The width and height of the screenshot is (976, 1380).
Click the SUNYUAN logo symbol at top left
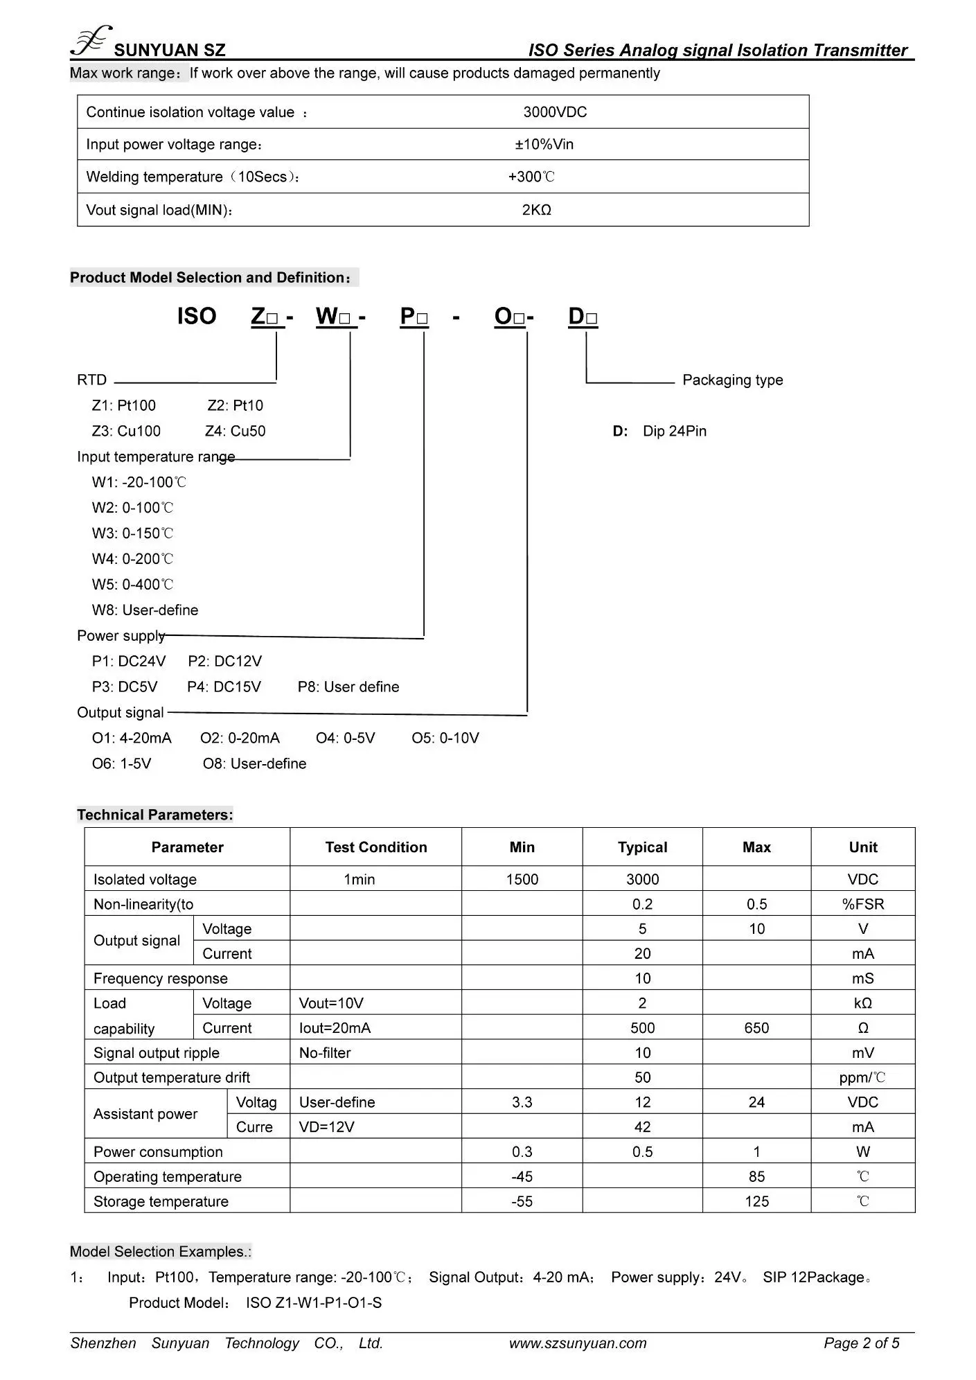point(90,41)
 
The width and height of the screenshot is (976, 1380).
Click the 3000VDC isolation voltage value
point(555,112)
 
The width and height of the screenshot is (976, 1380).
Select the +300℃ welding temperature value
point(531,177)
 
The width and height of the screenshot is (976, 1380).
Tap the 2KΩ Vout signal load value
point(536,210)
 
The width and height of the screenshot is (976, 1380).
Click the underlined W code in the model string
point(335,317)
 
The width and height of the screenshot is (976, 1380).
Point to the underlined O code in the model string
point(509,317)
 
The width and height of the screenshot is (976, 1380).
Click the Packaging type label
point(732,380)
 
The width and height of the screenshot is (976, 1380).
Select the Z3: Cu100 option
point(126,431)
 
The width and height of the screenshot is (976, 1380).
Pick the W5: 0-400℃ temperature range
point(132,585)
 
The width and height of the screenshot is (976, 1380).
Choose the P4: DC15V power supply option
point(224,687)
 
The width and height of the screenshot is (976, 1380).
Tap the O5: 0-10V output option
point(445,738)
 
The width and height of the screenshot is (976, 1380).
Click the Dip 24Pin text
point(674,431)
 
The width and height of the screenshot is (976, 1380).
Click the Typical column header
point(642,847)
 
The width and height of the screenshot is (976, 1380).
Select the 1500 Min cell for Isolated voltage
point(522,879)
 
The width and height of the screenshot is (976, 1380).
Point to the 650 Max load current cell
point(756,1028)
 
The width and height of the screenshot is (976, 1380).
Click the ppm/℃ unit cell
point(862,1078)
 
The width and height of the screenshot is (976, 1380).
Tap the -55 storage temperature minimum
point(522,1201)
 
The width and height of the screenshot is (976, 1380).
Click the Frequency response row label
point(161,978)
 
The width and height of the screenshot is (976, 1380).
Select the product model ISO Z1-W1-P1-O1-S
point(314,1303)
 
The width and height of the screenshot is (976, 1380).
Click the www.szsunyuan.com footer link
point(578,1343)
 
